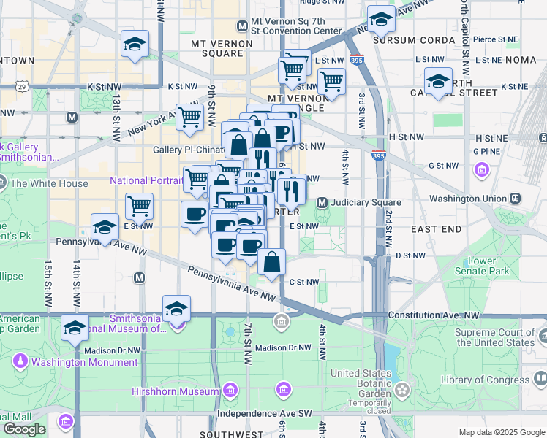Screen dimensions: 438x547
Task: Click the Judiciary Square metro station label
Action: (366, 202)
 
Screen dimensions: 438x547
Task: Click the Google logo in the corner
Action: (24, 429)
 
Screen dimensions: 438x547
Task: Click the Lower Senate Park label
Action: (488, 266)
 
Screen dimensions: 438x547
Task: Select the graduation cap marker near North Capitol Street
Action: (438, 82)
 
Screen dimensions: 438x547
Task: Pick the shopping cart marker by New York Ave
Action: (189, 117)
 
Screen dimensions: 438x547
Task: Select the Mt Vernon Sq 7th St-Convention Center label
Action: (295, 26)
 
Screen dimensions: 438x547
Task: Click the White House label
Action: (49, 184)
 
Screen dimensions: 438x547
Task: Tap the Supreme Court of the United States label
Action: (494, 337)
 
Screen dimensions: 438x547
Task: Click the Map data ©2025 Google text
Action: (502, 432)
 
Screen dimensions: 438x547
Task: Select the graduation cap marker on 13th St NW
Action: (135, 46)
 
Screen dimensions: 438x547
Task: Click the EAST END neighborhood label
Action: (436, 229)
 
